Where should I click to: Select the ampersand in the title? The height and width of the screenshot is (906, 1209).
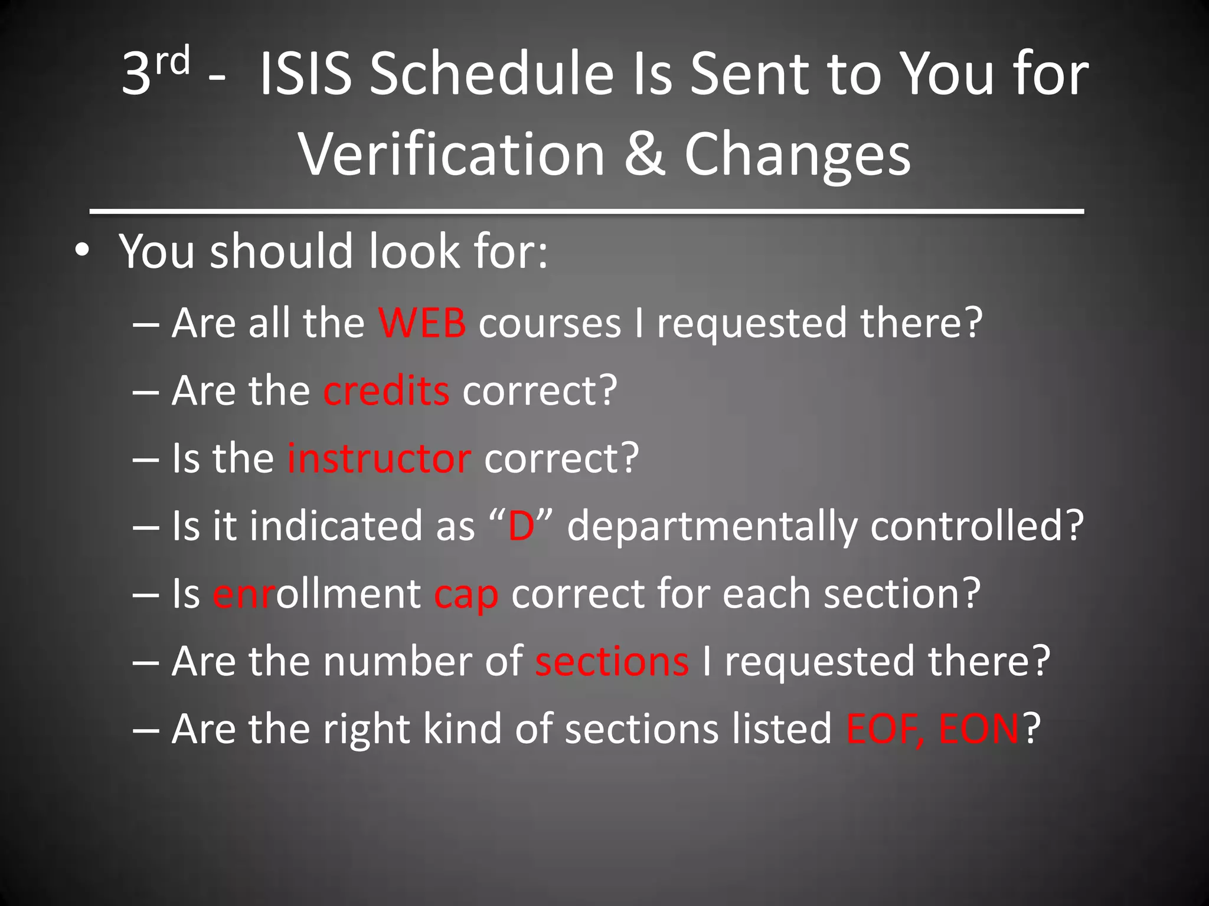point(645,155)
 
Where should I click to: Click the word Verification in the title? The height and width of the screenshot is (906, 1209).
point(452,155)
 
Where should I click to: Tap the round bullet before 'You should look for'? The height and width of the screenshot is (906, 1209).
point(83,251)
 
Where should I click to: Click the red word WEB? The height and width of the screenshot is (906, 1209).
point(422,323)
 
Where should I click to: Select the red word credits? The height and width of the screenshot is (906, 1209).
point(386,390)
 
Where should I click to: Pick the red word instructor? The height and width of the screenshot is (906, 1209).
point(379,458)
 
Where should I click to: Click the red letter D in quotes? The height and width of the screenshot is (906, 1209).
point(521,526)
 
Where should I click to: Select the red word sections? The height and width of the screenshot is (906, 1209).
point(612,661)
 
